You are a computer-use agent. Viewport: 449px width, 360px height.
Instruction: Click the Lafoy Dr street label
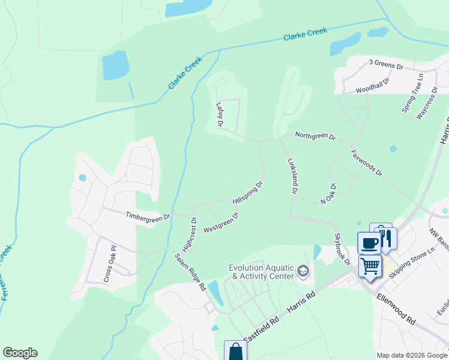pyautogui.click(x=220, y=115)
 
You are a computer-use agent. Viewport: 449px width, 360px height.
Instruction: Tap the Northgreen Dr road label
pyautogui.click(x=316, y=136)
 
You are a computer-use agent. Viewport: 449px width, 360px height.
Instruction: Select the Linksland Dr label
pyautogui.click(x=293, y=176)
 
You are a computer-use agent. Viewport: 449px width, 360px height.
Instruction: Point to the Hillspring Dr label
pyautogui.click(x=247, y=193)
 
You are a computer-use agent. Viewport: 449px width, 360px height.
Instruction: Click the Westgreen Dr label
pyautogui.click(x=221, y=222)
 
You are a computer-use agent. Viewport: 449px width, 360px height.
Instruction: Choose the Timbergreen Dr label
pyautogui.click(x=148, y=215)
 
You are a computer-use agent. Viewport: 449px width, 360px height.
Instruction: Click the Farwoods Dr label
pyautogui.click(x=367, y=163)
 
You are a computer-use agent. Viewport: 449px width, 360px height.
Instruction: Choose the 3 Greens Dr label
pyautogui.click(x=386, y=63)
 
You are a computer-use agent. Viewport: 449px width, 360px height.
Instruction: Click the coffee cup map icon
pyautogui.click(x=368, y=242)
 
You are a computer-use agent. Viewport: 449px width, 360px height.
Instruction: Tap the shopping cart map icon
pyautogui.click(x=370, y=265)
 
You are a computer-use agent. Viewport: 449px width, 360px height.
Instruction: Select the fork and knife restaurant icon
pyautogui.click(x=386, y=238)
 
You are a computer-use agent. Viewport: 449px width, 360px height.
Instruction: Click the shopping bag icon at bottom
pyautogui.click(x=235, y=351)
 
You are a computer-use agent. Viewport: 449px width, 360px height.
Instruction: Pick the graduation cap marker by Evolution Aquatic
pyautogui.click(x=303, y=272)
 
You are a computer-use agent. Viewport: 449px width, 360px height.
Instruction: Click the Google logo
pyautogui.click(x=20, y=353)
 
